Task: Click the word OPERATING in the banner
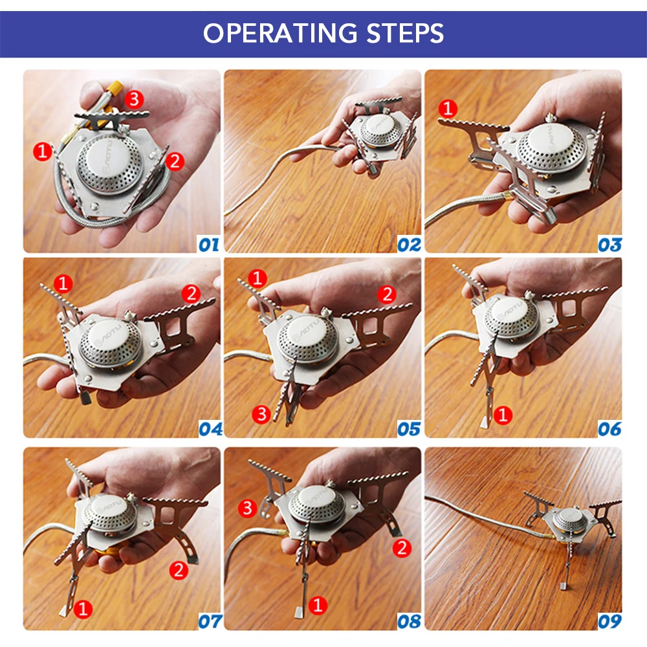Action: [280, 33]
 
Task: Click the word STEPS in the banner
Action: [405, 33]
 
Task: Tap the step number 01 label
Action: [209, 245]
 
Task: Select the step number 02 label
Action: [409, 245]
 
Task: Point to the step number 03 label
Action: [610, 245]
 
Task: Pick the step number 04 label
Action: [210, 429]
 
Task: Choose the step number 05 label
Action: [409, 429]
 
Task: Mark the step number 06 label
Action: [610, 429]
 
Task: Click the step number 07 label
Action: [210, 621]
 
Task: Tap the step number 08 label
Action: [409, 621]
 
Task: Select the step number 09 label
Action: [610, 621]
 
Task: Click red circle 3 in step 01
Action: [134, 99]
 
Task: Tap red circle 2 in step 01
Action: [175, 161]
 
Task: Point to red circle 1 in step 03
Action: [448, 109]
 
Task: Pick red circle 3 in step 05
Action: [261, 414]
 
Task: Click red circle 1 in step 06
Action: [503, 415]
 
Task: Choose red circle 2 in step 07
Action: [179, 570]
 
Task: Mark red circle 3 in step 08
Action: [248, 508]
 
